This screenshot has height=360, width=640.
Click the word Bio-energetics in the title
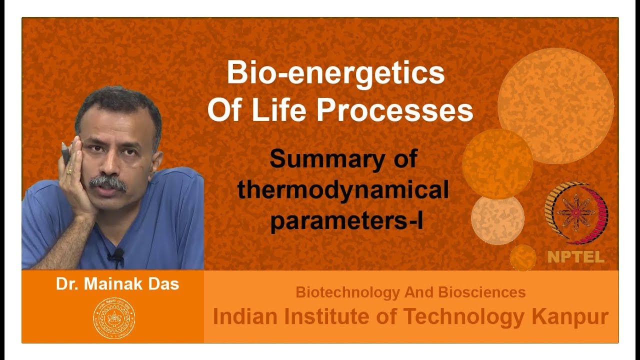click(x=335, y=73)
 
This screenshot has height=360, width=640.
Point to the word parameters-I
click(x=346, y=220)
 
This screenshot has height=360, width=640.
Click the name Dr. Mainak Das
click(x=117, y=284)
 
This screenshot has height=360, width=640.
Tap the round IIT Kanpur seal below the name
click(x=114, y=318)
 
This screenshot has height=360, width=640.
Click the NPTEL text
click(x=575, y=257)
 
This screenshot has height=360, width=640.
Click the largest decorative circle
click(x=555, y=106)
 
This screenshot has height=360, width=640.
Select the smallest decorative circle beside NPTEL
click(x=523, y=257)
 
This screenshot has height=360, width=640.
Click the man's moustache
click(x=107, y=182)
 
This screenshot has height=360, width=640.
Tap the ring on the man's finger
click(x=69, y=171)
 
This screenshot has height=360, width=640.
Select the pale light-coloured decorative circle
click(x=497, y=219)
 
